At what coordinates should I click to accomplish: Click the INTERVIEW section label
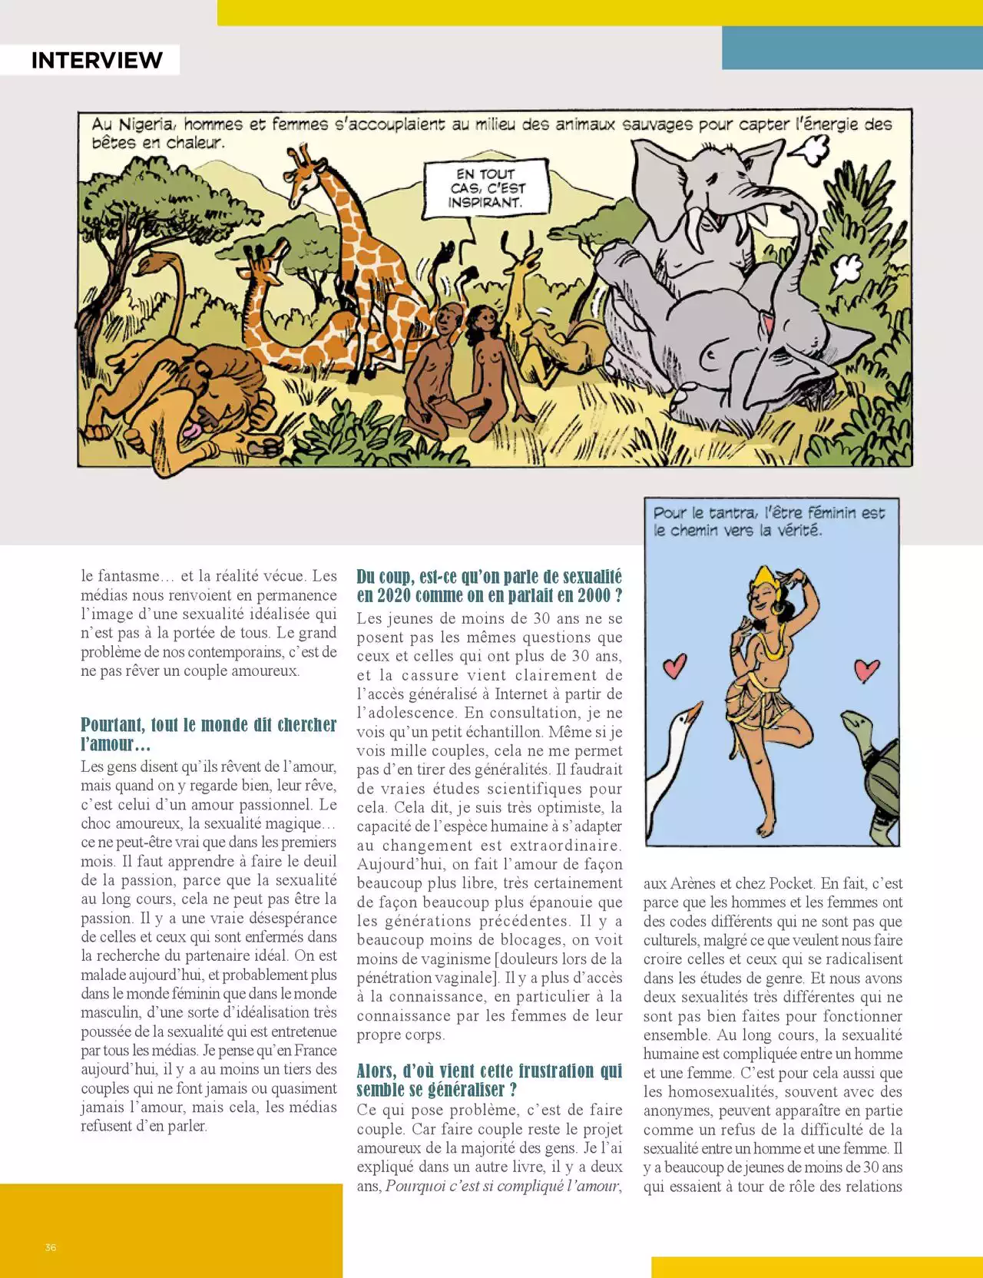tap(97, 60)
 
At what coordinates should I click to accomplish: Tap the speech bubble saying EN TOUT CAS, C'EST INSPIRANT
tap(487, 188)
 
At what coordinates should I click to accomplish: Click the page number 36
tap(51, 1247)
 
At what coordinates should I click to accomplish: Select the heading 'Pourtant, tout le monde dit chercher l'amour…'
tap(208, 734)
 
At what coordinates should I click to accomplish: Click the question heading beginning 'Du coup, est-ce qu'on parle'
tap(489, 586)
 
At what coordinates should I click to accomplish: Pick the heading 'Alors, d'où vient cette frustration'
tap(489, 1080)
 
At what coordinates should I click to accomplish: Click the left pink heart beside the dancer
tap(674, 665)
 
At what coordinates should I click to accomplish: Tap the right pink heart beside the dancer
tap(867, 668)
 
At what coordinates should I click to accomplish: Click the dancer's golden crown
tap(765, 576)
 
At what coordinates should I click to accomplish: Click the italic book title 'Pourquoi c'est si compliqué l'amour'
tap(502, 1186)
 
